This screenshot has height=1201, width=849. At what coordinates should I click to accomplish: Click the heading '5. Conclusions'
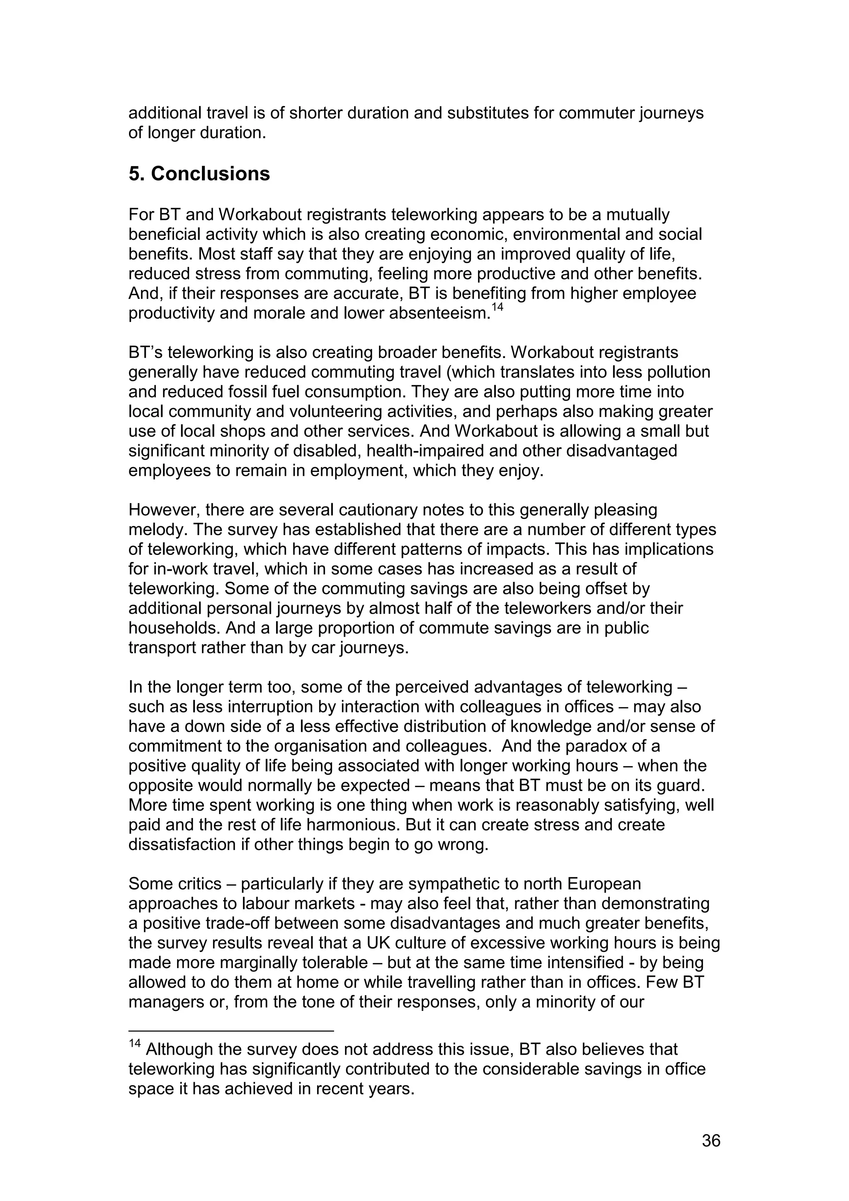pos(199,174)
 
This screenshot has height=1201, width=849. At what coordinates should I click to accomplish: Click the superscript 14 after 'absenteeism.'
pos(497,308)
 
